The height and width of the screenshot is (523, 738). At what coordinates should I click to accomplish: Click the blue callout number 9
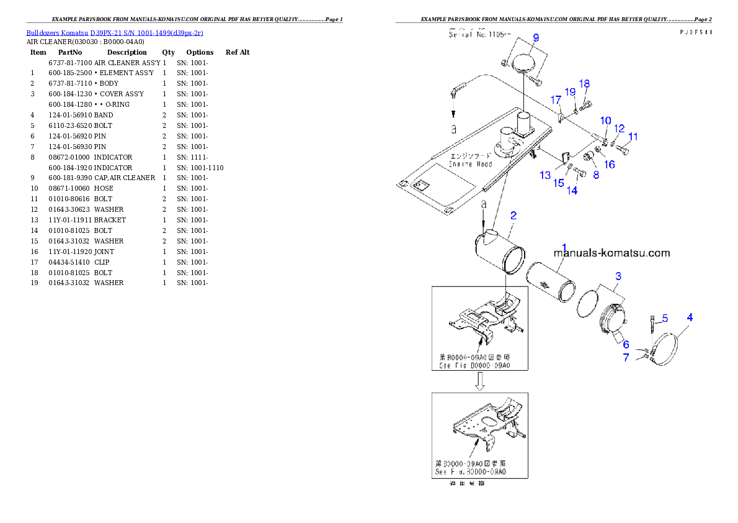536,37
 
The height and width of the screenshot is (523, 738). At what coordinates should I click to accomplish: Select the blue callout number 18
584,84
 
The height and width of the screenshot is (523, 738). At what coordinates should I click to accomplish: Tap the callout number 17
556,99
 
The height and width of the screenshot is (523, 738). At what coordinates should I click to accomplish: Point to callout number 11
633,137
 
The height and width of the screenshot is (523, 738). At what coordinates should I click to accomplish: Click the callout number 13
545,176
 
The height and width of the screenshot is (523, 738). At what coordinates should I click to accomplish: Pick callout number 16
610,165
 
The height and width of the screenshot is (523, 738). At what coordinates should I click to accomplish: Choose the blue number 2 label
513,216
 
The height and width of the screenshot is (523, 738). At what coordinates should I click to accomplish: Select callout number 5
664,319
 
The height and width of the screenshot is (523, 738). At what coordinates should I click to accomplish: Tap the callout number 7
626,357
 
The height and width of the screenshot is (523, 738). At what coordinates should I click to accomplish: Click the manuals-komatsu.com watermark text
611,253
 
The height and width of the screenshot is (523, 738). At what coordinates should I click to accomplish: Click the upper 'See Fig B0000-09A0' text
474,366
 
